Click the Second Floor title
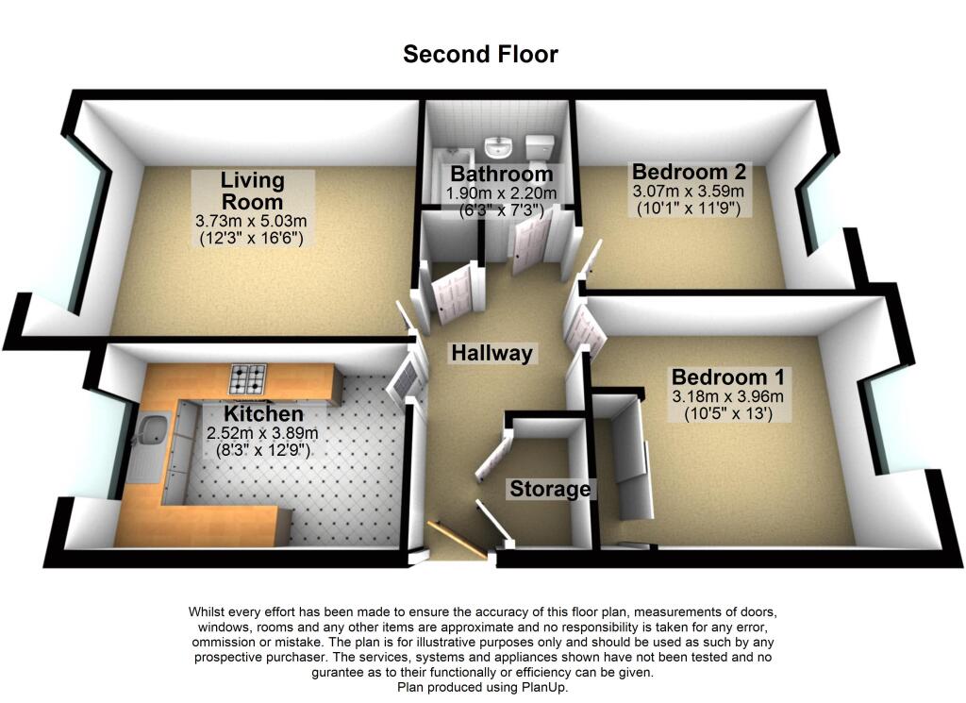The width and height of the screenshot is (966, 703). pos(480,55)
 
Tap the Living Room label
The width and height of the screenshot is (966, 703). pos(252,191)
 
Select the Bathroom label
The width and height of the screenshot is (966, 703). pos(501,175)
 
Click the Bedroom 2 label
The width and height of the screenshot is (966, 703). pos(689,172)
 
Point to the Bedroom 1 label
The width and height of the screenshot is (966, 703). pos(726,377)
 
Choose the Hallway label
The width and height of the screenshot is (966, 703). pos(491,354)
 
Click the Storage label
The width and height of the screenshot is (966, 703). pos(550,489)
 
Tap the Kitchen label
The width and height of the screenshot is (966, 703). pos(263,414)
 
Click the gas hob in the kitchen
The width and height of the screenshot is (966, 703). pos(249,379)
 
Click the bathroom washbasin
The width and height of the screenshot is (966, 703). pos(497,148)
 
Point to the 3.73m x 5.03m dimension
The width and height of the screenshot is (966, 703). pos(252,222)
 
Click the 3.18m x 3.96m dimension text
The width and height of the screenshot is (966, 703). pos(726,396)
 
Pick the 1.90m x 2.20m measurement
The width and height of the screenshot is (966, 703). pos(501,194)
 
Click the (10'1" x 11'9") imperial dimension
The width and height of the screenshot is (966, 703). pos(689,208)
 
